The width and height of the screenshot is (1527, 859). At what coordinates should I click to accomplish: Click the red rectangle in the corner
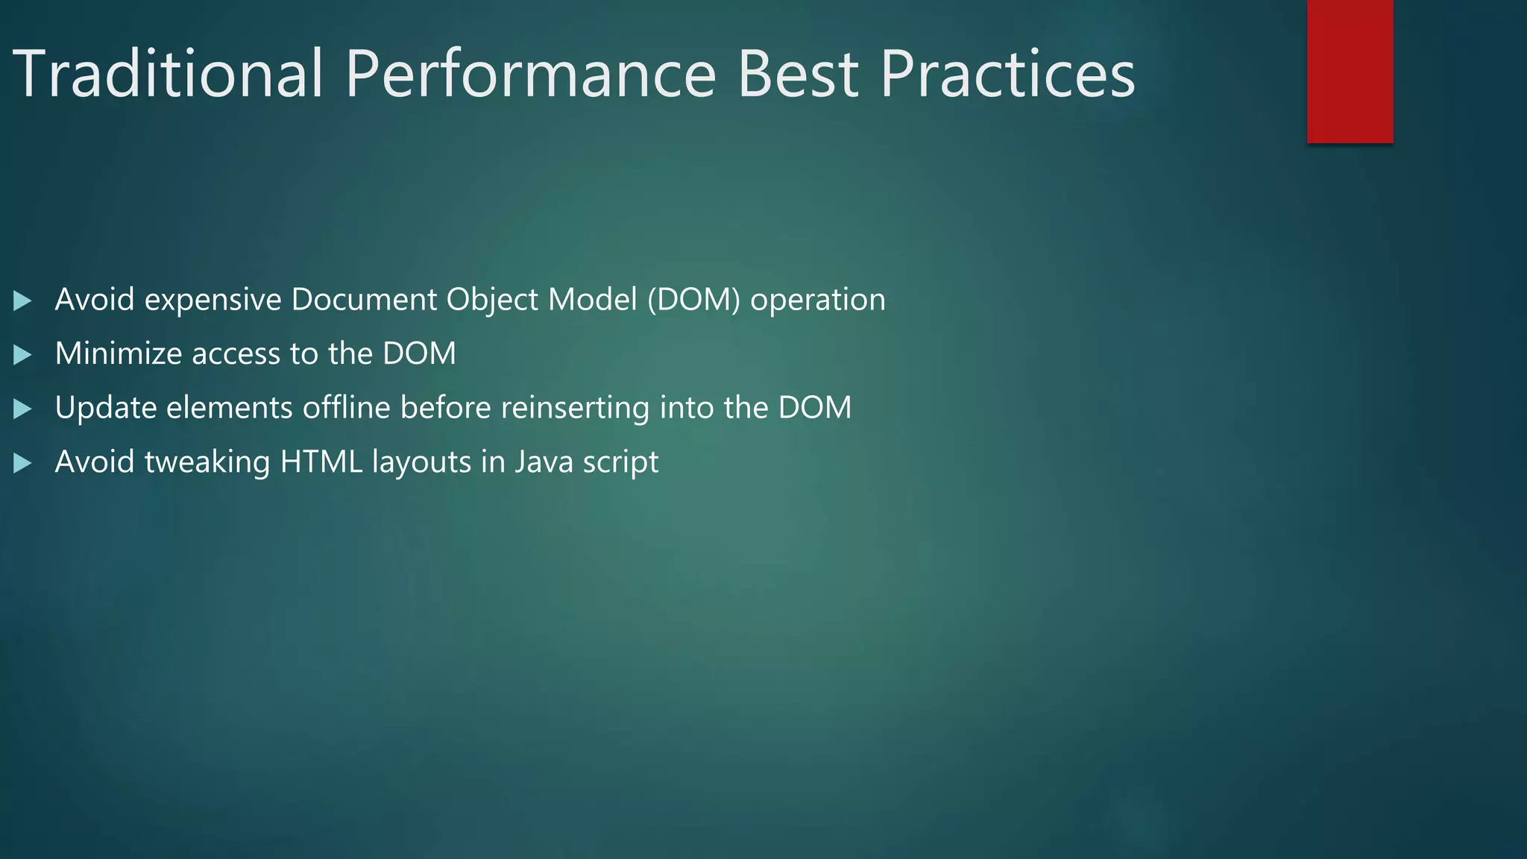click(1350, 71)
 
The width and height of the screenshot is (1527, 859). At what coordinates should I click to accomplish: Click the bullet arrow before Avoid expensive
click(22, 301)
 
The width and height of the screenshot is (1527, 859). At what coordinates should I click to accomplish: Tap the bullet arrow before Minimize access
click(22, 355)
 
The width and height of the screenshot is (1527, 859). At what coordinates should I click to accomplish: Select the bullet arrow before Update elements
click(22, 409)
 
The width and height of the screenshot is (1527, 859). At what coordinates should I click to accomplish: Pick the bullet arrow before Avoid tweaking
click(22, 464)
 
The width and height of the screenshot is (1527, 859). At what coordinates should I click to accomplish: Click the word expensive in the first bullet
click(212, 300)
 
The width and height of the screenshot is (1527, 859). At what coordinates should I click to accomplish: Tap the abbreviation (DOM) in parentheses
click(693, 300)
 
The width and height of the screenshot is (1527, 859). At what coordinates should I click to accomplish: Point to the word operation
click(818, 300)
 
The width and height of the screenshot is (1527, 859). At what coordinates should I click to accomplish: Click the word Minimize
click(119, 353)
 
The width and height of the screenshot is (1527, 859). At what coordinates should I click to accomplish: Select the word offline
click(346, 408)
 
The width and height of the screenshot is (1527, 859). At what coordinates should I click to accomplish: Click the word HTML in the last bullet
click(321, 462)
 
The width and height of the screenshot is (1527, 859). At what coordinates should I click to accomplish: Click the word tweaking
click(207, 462)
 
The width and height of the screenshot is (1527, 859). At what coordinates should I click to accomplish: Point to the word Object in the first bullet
click(492, 300)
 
